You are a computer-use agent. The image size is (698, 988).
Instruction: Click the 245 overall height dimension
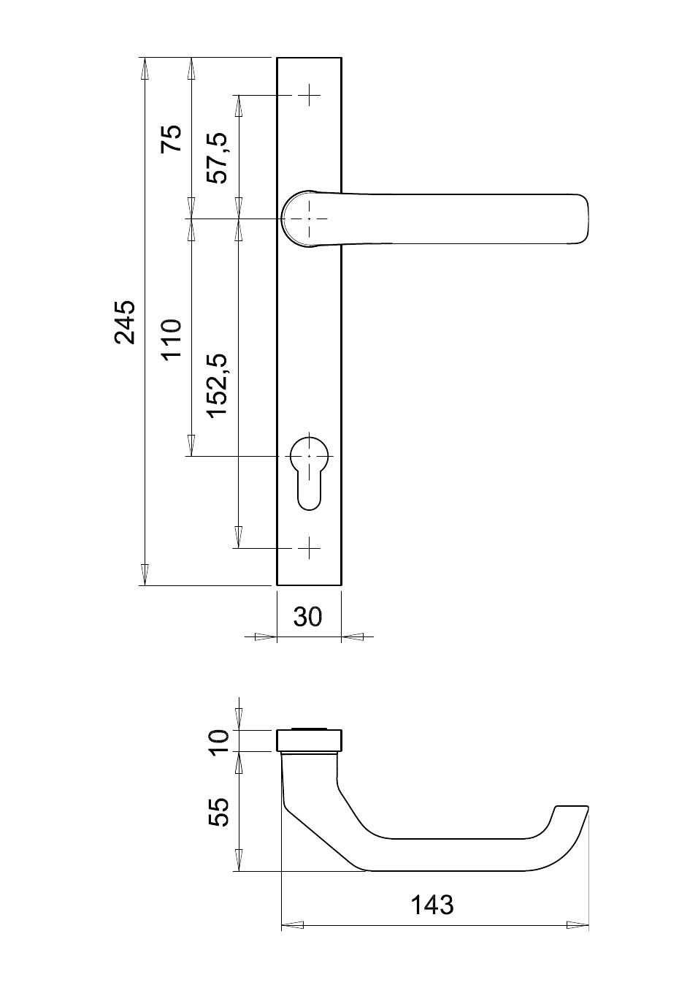[125, 322]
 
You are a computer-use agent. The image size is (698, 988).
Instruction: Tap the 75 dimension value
[172, 139]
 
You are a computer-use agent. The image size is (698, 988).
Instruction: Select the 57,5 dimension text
[218, 158]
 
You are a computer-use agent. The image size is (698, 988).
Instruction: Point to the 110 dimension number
[172, 340]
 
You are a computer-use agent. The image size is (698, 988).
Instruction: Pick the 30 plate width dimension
[308, 617]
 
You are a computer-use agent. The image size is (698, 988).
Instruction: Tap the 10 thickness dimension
[220, 742]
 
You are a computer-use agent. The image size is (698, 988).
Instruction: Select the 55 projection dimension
[220, 812]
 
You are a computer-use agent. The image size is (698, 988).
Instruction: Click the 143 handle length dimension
[432, 905]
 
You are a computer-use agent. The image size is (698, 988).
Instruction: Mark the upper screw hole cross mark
[310, 95]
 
